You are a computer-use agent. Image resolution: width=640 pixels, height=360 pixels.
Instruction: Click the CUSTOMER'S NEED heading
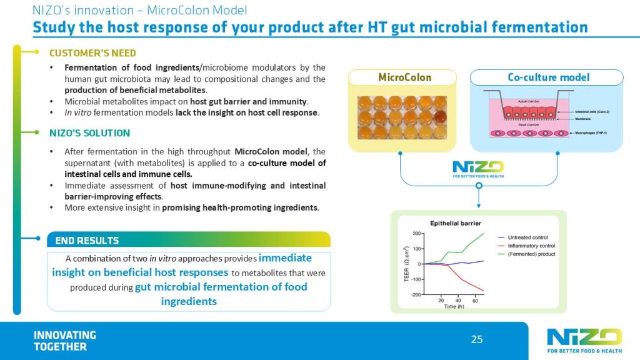coord(92,53)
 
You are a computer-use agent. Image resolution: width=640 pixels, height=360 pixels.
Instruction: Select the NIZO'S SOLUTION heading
coord(89,132)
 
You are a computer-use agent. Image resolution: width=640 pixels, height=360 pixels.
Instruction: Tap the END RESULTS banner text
coord(87,241)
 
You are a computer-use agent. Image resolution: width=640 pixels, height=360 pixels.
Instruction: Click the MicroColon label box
coord(404,77)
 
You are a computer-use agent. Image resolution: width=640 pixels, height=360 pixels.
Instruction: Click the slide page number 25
coord(477,339)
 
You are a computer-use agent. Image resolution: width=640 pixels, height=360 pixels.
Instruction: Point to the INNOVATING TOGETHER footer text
coord(65,341)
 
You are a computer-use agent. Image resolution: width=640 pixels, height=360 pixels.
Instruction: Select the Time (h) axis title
coord(454,307)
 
